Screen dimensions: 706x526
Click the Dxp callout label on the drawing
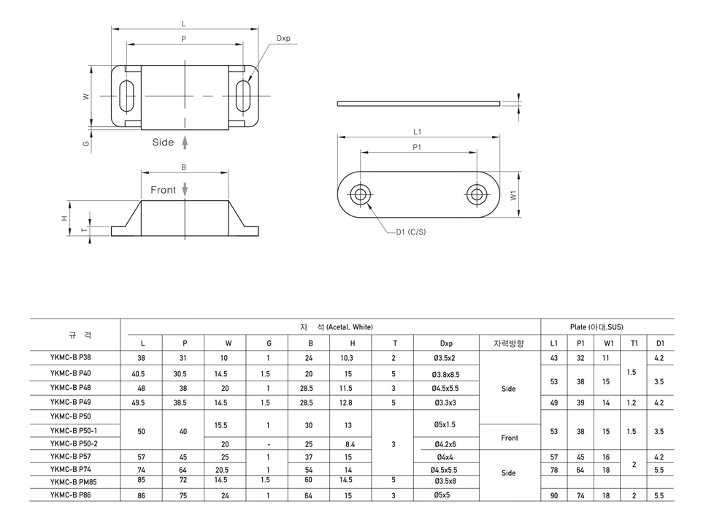pyautogui.click(x=283, y=38)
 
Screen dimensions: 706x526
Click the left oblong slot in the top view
pyautogui.click(x=126, y=96)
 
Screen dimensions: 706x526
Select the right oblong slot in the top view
pyautogui.click(x=243, y=96)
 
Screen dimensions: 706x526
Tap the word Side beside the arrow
pyautogui.click(x=163, y=142)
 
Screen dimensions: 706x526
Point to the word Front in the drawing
pyautogui.click(x=163, y=190)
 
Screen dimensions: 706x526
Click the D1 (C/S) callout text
pyautogui.click(x=410, y=232)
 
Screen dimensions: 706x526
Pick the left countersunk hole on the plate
pyautogui.click(x=360, y=195)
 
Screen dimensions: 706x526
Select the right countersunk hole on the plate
pyautogui.click(x=476, y=195)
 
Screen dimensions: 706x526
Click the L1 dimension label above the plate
pyautogui.click(x=418, y=131)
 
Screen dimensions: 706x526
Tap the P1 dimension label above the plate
pyautogui.click(x=417, y=147)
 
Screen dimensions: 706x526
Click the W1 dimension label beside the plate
pyautogui.click(x=514, y=195)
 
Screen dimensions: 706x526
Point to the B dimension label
pyautogui.click(x=184, y=167)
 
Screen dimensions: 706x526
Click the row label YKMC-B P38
pyautogui.click(x=71, y=357)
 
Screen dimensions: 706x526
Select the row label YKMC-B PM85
pyautogui.click(x=74, y=482)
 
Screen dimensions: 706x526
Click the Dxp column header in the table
pyautogui.click(x=446, y=343)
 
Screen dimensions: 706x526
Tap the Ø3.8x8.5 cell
pyautogui.click(x=446, y=374)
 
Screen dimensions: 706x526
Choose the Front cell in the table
pyautogui.click(x=510, y=438)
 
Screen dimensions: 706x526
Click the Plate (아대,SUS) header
pyautogui.click(x=596, y=327)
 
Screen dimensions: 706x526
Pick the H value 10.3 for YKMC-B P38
pyautogui.click(x=347, y=358)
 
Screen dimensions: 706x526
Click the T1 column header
pyautogui.click(x=634, y=343)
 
